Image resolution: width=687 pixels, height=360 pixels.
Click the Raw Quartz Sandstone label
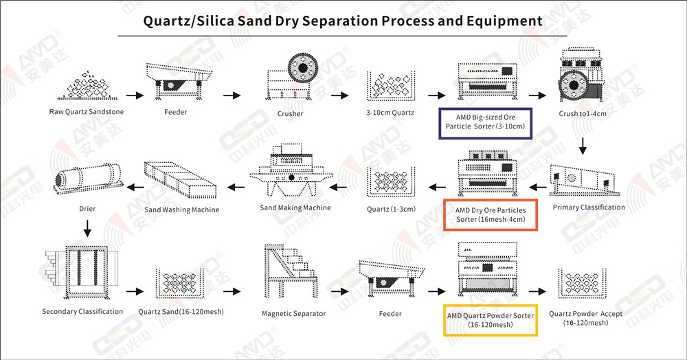coord(86,112)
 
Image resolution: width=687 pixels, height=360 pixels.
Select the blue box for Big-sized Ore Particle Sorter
coord(485,122)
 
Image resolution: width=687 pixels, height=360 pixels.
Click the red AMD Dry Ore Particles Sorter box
coord(490,215)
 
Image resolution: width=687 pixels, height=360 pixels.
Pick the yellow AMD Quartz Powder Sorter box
coord(490,319)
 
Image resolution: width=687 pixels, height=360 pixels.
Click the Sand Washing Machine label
coord(182,210)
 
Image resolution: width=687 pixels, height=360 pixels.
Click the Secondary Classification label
coord(82,312)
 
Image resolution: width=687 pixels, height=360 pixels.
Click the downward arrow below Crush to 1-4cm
coord(583,146)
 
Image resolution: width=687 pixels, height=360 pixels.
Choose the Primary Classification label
coord(589,207)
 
